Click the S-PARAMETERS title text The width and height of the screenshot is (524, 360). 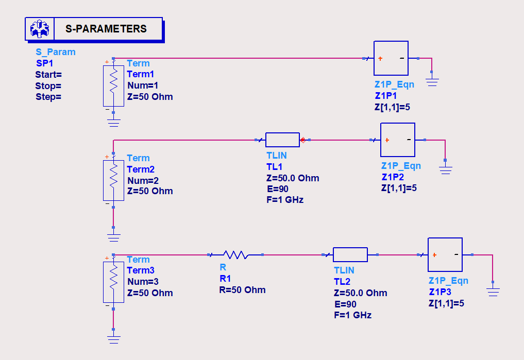point(106,29)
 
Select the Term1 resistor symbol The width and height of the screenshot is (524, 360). point(113,86)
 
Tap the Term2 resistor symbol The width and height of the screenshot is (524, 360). point(113,180)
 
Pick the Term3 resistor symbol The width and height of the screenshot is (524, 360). point(113,282)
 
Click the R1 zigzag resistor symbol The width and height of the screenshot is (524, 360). point(236,254)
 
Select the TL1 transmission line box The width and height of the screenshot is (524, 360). point(282,140)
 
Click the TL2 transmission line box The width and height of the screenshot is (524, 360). point(350,254)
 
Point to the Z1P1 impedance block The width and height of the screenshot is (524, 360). point(391,58)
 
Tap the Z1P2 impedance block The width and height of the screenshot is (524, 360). point(397,140)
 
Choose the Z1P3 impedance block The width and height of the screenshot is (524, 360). point(445,254)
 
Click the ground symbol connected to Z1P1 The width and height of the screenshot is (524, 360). point(432,81)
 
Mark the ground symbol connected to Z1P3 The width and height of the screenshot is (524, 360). point(493,292)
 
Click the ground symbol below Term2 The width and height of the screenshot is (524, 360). point(113,237)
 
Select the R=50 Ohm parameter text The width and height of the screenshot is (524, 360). point(242,290)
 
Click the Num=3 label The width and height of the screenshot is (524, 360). point(143,282)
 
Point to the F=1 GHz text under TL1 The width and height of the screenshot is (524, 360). point(285,200)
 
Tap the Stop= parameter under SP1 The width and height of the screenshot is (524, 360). point(48,85)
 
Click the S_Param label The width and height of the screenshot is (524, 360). point(55,52)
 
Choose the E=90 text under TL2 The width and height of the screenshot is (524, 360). point(345,304)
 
